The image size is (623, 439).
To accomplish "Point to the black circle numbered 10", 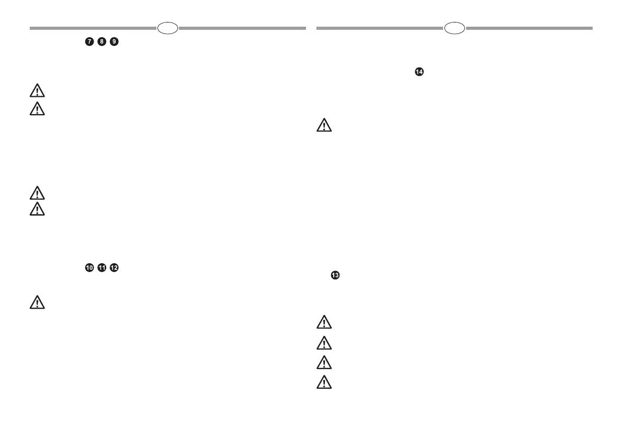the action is (x=89, y=267).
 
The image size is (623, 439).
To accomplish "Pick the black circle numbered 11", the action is (x=101, y=267).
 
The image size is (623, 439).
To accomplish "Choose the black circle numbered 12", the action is (x=114, y=267).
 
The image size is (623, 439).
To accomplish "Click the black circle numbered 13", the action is (x=335, y=275).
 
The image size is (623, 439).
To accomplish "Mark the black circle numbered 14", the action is (x=418, y=71).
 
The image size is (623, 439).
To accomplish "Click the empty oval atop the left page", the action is (x=167, y=28).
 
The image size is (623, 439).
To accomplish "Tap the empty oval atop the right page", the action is (x=454, y=28).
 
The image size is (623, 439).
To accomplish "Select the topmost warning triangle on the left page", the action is (x=37, y=92).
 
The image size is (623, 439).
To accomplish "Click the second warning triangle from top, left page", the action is (x=37, y=109).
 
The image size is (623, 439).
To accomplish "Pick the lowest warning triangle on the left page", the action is (x=37, y=302).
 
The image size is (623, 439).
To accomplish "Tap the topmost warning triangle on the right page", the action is (x=324, y=126).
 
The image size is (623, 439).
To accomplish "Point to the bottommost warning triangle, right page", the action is (x=324, y=383).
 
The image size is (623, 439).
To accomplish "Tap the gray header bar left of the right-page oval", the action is (x=380, y=28).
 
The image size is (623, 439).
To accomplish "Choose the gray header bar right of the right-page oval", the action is (x=529, y=28).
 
